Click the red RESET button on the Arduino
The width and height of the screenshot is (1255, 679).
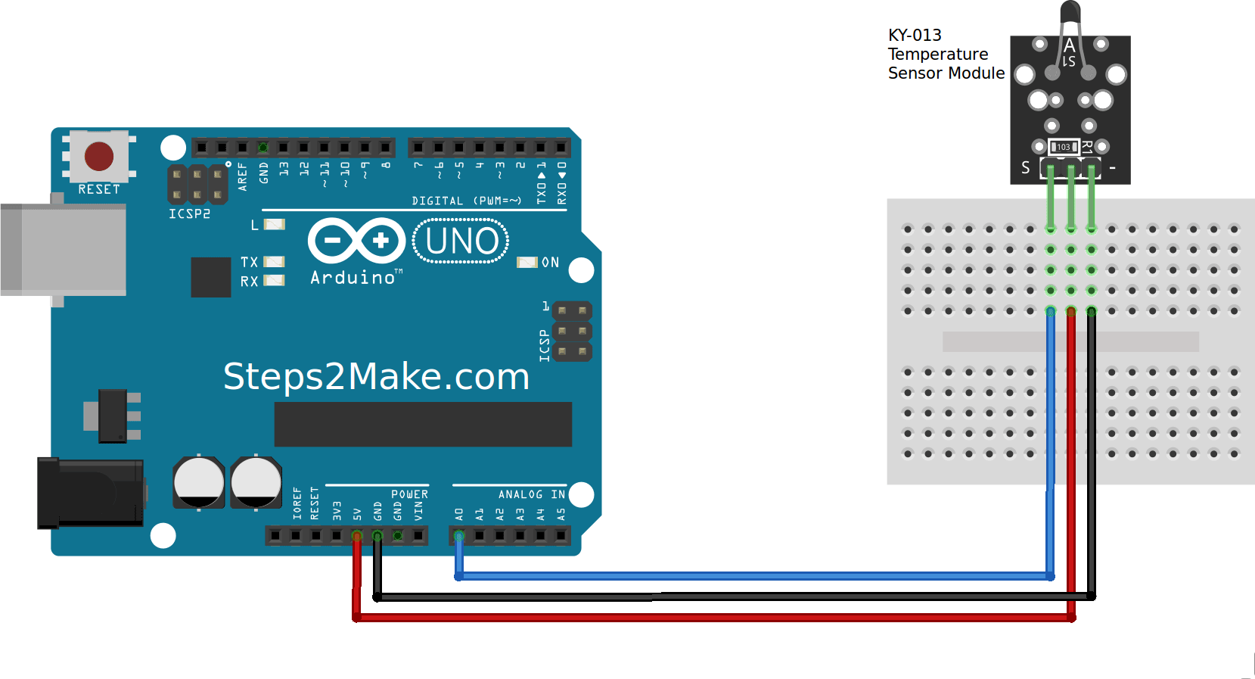(99, 156)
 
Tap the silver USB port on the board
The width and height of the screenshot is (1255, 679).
(63, 250)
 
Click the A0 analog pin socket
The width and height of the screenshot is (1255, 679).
(459, 536)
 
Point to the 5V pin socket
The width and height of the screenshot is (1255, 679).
(356, 536)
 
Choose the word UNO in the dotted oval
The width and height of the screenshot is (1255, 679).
(461, 241)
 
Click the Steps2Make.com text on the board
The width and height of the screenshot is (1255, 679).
(376, 375)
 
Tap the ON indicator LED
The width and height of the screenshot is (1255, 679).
(527, 263)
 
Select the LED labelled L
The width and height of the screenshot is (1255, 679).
(274, 225)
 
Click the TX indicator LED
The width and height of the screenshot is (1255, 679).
(274, 262)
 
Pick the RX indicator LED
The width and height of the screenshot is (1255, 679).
(274, 280)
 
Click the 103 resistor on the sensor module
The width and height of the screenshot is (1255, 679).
(1064, 147)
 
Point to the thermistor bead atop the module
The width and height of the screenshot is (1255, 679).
(1070, 11)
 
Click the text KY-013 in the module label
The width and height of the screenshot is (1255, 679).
(915, 36)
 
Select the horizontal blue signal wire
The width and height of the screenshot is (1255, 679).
(755, 576)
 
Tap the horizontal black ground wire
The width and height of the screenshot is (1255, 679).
(734, 596)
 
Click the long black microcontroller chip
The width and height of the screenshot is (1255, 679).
(423, 425)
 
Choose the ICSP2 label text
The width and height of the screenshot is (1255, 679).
(189, 213)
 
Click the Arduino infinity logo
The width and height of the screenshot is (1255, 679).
(357, 241)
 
